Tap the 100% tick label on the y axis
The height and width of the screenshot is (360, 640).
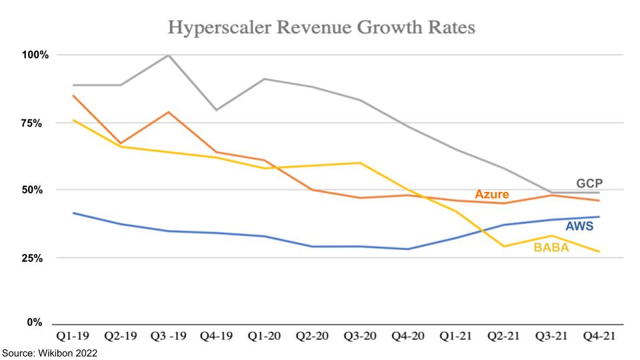tap(35, 55)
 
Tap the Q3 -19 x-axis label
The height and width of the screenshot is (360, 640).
tap(169, 338)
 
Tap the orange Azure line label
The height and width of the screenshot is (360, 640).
tap(492, 195)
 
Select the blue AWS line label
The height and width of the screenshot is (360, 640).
tap(579, 226)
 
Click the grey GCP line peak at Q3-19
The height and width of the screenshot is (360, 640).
tap(169, 55)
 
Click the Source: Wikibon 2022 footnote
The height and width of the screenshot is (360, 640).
tap(49, 353)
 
